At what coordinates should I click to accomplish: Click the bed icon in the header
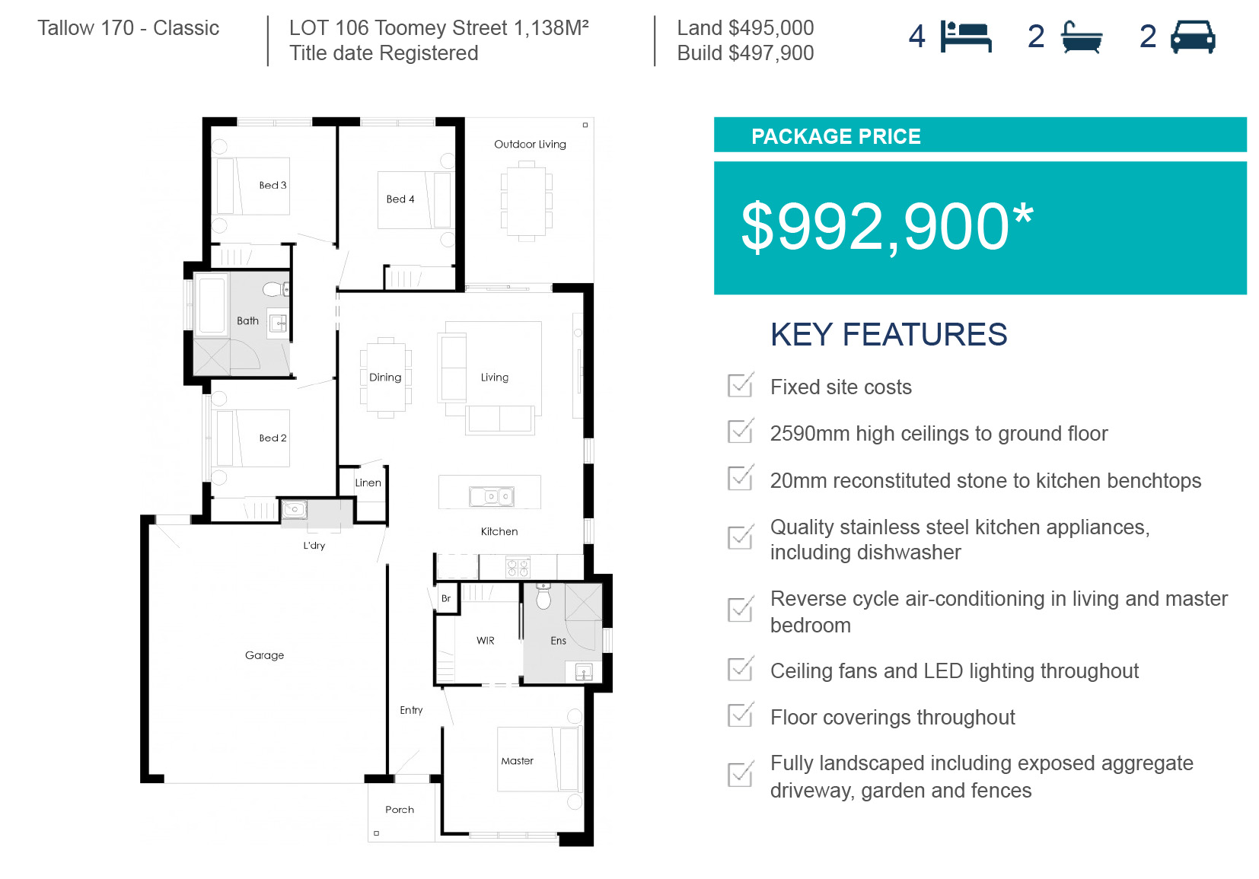(x=966, y=37)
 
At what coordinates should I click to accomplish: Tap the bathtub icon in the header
(x=1082, y=37)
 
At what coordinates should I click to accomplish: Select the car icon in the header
(x=1193, y=37)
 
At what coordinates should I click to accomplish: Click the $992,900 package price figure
(x=887, y=227)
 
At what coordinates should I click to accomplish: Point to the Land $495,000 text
(x=745, y=27)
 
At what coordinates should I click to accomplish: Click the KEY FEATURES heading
(x=888, y=334)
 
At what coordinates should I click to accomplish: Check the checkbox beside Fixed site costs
(x=740, y=385)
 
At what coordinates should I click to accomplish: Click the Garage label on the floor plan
(x=264, y=655)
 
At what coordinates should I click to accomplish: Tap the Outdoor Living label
(x=530, y=145)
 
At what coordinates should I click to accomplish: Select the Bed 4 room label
(x=400, y=199)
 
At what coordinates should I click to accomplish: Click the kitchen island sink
(x=491, y=496)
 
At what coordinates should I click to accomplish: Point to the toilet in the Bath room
(x=276, y=289)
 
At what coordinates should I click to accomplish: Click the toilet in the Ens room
(x=543, y=597)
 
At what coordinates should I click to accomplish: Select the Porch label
(x=400, y=810)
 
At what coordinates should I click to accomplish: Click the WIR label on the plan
(x=485, y=641)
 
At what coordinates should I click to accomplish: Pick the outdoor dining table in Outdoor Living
(x=527, y=201)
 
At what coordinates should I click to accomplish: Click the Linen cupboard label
(x=368, y=482)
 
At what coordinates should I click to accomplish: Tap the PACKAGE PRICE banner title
(x=836, y=136)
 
